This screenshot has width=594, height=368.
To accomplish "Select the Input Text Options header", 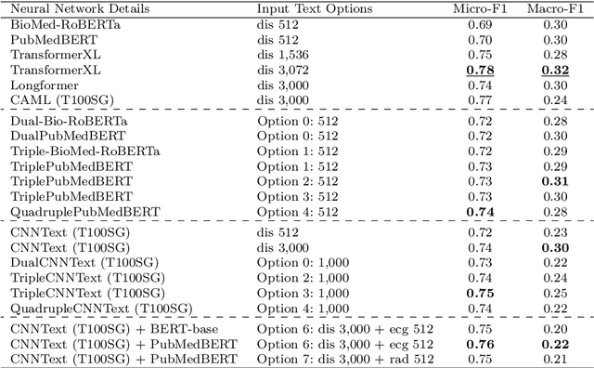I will (315, 8).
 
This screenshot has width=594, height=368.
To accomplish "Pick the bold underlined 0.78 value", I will (480, 70).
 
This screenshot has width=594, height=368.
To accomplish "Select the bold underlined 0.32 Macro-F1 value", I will (555, 70).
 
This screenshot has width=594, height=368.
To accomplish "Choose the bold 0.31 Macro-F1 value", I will (555, 181).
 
